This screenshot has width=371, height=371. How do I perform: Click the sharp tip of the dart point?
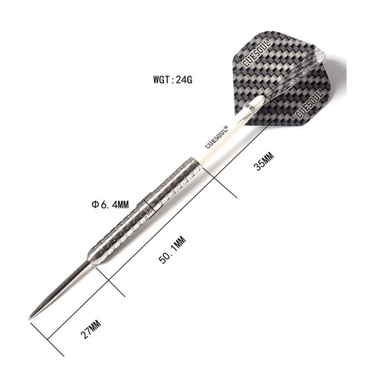(31, 317)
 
